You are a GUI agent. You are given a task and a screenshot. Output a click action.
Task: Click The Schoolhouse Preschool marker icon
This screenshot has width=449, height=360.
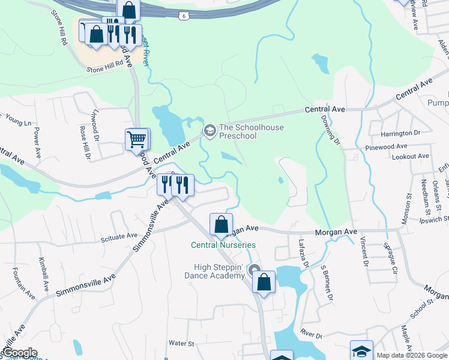[209, 131]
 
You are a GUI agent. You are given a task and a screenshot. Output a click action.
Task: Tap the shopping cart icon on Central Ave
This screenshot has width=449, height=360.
[137, 140]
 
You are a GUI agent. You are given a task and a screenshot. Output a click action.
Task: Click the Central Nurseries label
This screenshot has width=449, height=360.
[223, 245]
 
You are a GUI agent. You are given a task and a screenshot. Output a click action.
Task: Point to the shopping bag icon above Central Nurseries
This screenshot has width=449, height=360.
[221, 225]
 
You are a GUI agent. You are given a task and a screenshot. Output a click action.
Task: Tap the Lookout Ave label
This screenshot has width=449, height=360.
[410, 156]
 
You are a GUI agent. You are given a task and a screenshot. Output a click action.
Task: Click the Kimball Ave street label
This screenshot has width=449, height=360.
[43, 273]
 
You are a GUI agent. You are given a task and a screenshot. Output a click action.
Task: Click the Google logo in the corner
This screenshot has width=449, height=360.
[19, 353]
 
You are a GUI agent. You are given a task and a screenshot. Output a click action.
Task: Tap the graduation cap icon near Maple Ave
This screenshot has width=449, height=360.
[362, 350]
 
